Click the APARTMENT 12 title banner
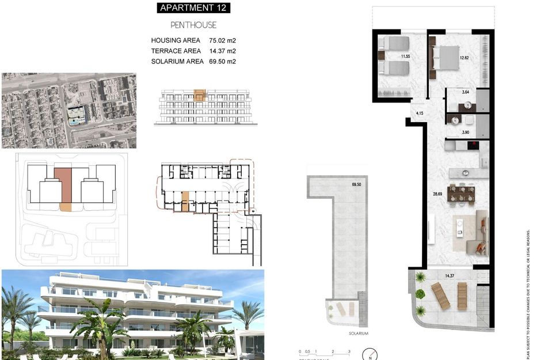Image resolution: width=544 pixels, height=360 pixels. pyautogui.click(x=193, y=8)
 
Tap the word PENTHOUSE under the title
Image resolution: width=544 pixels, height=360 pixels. pyautogui.click(x=193, y=25)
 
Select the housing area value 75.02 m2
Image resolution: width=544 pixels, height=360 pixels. pyautogui.click(x=223, y=41)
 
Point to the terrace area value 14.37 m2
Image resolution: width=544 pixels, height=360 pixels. pyautogui.click(x=223, y=51)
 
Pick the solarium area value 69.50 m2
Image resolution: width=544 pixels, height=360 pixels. pyautogui.click(x=223, y=62)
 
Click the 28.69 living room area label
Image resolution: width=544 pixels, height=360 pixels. pyautogui.click(x=438, y=194)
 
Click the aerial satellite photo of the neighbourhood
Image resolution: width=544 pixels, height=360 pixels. pyautogui.click(x=69, y=110)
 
